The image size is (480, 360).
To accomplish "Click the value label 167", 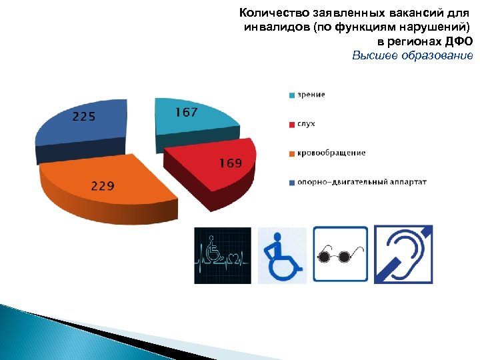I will (x=187, y=113).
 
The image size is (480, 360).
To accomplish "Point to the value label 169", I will (x=231, y=163).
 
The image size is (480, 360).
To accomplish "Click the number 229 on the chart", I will (x=103, y=186).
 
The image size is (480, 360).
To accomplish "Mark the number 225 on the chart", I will (x=84, y=117).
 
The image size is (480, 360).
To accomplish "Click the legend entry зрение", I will (x=311, y=95).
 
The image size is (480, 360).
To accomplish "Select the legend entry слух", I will (x=306, y=124).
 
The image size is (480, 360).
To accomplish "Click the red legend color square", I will (x=292, y=124).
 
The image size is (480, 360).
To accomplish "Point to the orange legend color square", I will (x=292, y=153).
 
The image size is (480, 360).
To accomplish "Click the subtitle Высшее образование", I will (x=412, y=55).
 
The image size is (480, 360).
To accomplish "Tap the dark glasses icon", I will (x=340, y=255).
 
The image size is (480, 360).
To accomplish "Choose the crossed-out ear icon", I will (x=404, y=254).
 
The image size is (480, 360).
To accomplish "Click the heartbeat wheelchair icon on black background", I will (x=223, y=255).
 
